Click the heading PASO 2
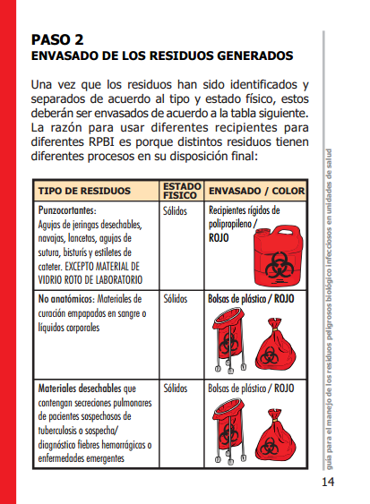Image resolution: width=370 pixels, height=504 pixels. [x=57, y=39]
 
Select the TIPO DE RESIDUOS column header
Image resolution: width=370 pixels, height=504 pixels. [x=84, y=192]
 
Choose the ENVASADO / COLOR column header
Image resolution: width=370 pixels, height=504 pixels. [x=256, y=192]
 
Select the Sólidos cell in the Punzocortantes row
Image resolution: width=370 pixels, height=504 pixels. [x=175, y=212]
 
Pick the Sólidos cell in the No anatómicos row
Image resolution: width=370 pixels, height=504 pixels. [x=175, y=298]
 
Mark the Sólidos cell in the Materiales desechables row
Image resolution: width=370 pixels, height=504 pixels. [x=175, y=389]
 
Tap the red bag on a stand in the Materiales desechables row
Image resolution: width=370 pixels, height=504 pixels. [x=228, y=430]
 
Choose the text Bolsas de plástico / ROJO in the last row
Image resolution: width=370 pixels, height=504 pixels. [x=251, y=389]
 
